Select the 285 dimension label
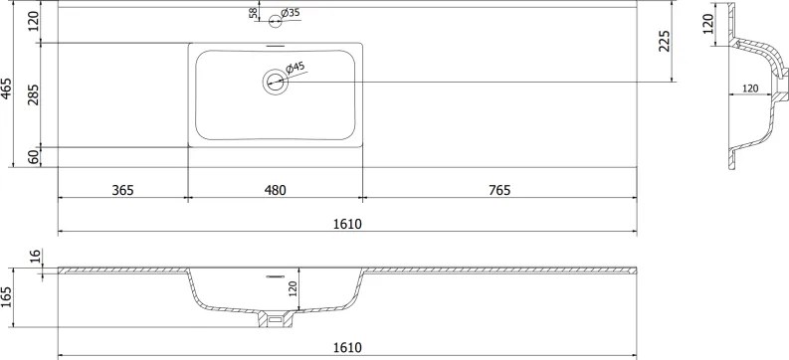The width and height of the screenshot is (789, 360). coord(34,94)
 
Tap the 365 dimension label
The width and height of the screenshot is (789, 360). coord(122,190)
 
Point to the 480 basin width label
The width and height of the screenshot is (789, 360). coord(275,190)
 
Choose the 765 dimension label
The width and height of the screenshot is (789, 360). coord(498,190)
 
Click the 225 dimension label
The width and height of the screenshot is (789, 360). coord(665,41)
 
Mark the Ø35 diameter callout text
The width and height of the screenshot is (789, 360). coord(291,13)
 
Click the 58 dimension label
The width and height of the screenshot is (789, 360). coord(254,13)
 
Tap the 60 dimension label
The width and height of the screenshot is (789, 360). coord(34,157)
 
